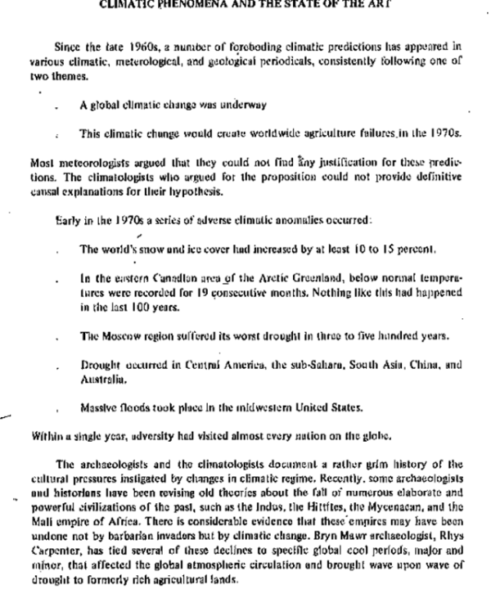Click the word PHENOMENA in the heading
point(203,3)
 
